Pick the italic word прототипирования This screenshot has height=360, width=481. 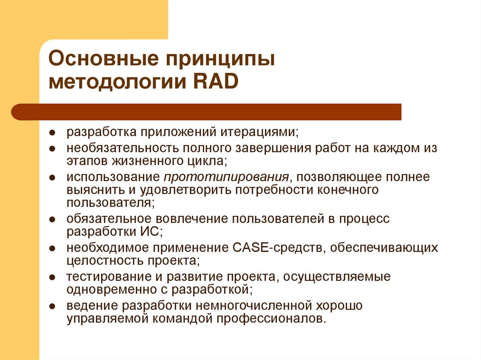(x=226, y=177)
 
